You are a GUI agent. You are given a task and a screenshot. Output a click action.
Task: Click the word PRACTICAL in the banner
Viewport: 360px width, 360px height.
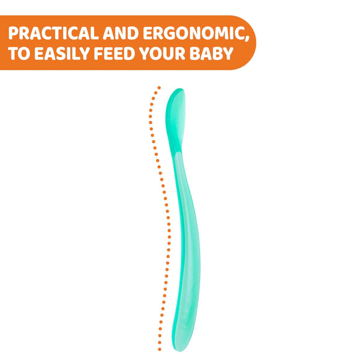[x=53, y=33]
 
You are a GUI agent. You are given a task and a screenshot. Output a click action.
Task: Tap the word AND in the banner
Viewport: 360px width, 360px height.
[x=121, y=33]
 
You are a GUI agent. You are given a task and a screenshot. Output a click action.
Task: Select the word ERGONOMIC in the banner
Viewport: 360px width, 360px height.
[x=194, y=33]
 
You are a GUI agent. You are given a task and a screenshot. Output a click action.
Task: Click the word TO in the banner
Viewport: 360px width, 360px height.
[x=19, y=53]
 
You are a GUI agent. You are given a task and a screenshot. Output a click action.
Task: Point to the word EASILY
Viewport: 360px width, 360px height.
[x=62, y=53]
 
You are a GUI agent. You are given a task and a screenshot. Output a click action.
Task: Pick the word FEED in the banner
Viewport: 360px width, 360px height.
[x=115, y=53]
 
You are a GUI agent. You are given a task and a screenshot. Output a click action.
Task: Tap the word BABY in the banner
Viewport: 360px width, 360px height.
[x=211, y=53]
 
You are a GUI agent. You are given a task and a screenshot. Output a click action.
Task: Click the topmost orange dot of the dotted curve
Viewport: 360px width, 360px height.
[x=159, y=88]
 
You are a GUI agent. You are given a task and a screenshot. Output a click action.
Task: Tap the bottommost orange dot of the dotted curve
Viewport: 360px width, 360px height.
[x=160, y=349]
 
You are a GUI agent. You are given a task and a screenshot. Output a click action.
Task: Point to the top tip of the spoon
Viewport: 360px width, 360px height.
[x=180, y=89]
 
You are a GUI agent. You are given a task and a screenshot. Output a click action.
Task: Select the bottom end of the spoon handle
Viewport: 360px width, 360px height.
[x=179, y=350]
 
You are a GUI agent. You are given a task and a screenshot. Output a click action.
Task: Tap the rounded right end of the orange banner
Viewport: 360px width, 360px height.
[x=254, y=43]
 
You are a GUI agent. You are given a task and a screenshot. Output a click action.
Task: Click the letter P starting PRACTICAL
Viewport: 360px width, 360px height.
[x=13, y=33]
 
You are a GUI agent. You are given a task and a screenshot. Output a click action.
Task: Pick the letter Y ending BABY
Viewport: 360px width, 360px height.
[x=227, y=53]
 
